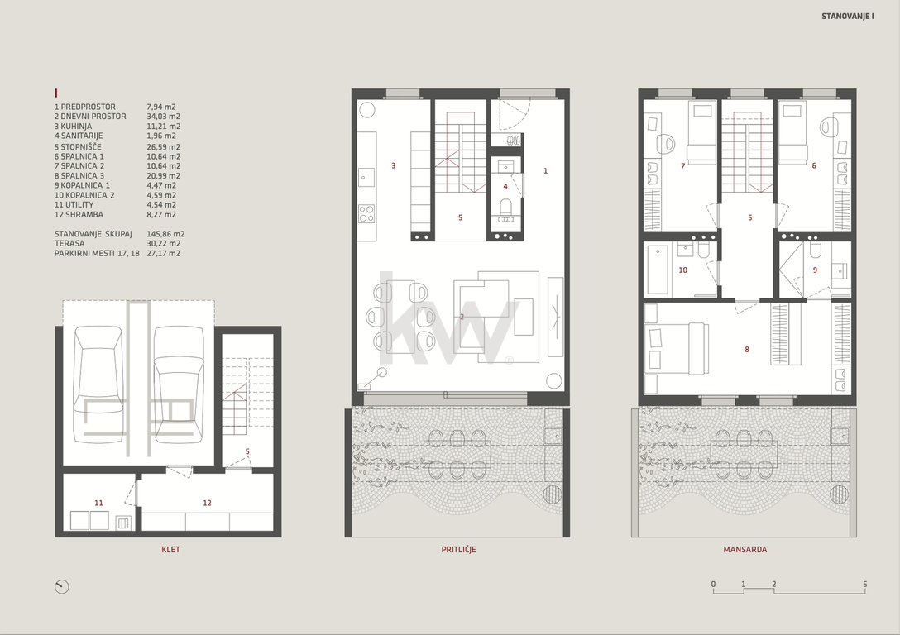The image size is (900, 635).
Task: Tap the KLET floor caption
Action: tap(170, 550)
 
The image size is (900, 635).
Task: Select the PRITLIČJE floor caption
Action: tap(458, 550)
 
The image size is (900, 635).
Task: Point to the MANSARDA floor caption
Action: tap(745, 550)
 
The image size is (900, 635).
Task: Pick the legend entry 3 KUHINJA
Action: tap(73, 127)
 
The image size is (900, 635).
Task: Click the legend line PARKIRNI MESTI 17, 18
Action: tap(97, 253)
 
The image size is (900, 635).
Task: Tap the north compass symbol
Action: tap(61, 587)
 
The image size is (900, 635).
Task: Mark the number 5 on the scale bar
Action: tap(865, 585)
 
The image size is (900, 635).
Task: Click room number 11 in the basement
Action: tap(98, 503)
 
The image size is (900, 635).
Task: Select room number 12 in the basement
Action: tap(207, 503)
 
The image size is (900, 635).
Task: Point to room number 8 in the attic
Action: tap(747, 350)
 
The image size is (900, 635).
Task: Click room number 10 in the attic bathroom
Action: tap(683, 270)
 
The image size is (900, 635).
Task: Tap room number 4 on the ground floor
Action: tap(505, 186)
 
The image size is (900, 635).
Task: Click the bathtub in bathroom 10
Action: tap(658, 269)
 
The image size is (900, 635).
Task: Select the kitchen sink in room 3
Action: tap(366, 177)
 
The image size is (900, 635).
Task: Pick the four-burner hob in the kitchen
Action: tap(366, 214)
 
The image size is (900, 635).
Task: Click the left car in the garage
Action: tap(98, 384)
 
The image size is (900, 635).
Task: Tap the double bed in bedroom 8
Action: tap(673, 348)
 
